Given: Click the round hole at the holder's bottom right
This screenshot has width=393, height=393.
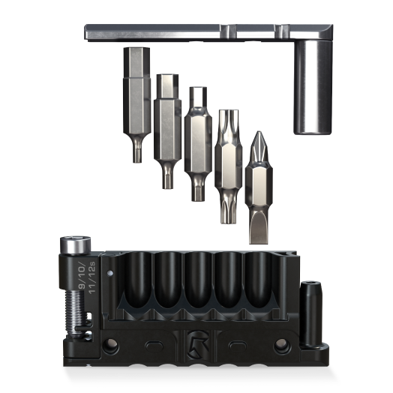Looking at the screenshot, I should (282, 346).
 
